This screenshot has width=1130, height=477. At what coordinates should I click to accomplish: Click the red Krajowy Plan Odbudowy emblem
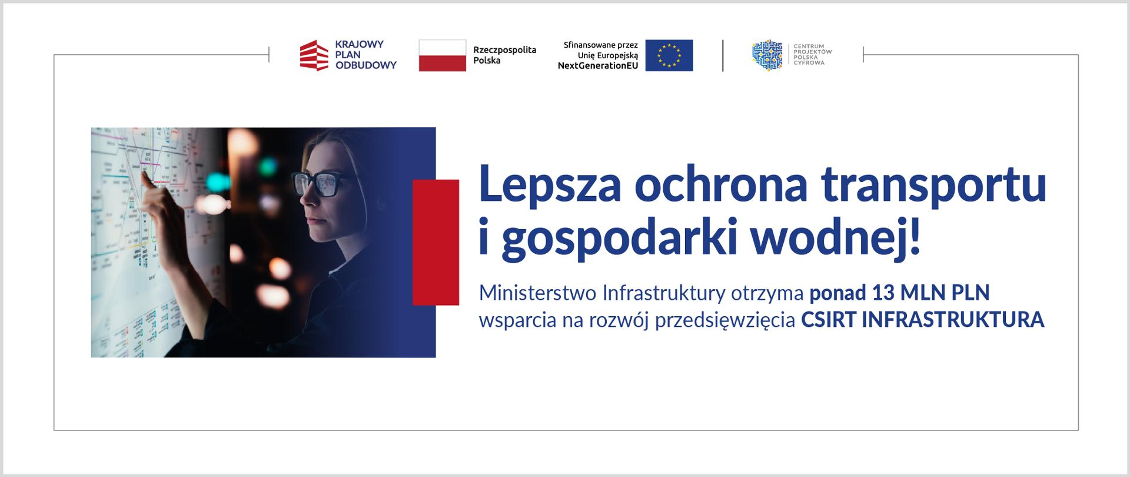tap(314, 55)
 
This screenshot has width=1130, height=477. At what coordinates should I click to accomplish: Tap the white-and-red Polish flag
tap(443, 55)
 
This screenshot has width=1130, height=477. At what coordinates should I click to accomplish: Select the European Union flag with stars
tap(669, 55)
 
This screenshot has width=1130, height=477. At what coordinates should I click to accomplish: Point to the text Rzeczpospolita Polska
tap(504, 55)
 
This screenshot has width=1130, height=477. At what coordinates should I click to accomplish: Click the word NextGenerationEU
tap(598, 66)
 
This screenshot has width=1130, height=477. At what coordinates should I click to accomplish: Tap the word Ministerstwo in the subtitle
tap(536, 292)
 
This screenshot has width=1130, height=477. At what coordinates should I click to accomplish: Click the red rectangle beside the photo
tap(436, 243)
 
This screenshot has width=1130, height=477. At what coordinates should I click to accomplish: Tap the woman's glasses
tap(321, 183)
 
